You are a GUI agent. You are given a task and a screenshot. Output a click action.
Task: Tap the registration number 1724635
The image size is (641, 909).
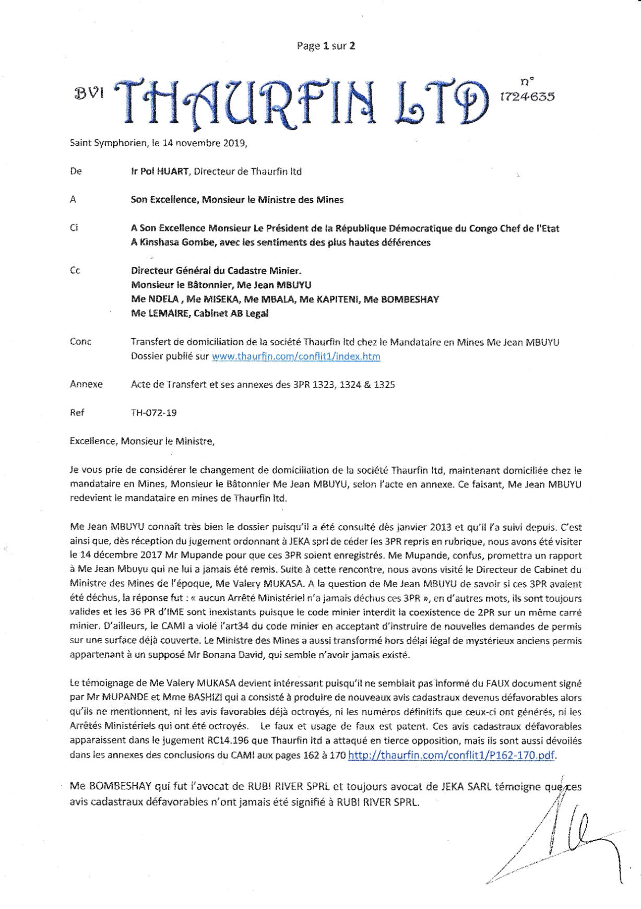click(x=527, y=96)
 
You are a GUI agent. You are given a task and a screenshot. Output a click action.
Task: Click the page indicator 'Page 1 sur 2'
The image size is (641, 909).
click(x=326, y=46)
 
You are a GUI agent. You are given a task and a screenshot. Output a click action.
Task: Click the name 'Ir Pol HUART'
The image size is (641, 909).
click(x=160, y=171)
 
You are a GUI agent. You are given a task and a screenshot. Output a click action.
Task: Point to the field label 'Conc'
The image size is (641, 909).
click(x=80, y=342)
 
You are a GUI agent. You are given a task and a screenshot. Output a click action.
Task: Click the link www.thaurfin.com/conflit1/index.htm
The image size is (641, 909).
click(x=295, y=357)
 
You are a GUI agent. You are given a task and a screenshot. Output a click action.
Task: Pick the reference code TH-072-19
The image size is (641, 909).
click(x=153, y=413)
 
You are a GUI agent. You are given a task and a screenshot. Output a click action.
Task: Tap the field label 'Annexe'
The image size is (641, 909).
click(x=86, y=384)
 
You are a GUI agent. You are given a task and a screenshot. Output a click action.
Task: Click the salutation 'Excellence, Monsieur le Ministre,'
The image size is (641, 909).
click(x=142, y=441)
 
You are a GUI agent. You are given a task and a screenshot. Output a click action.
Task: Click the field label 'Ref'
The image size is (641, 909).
click(x=77, y=413)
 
